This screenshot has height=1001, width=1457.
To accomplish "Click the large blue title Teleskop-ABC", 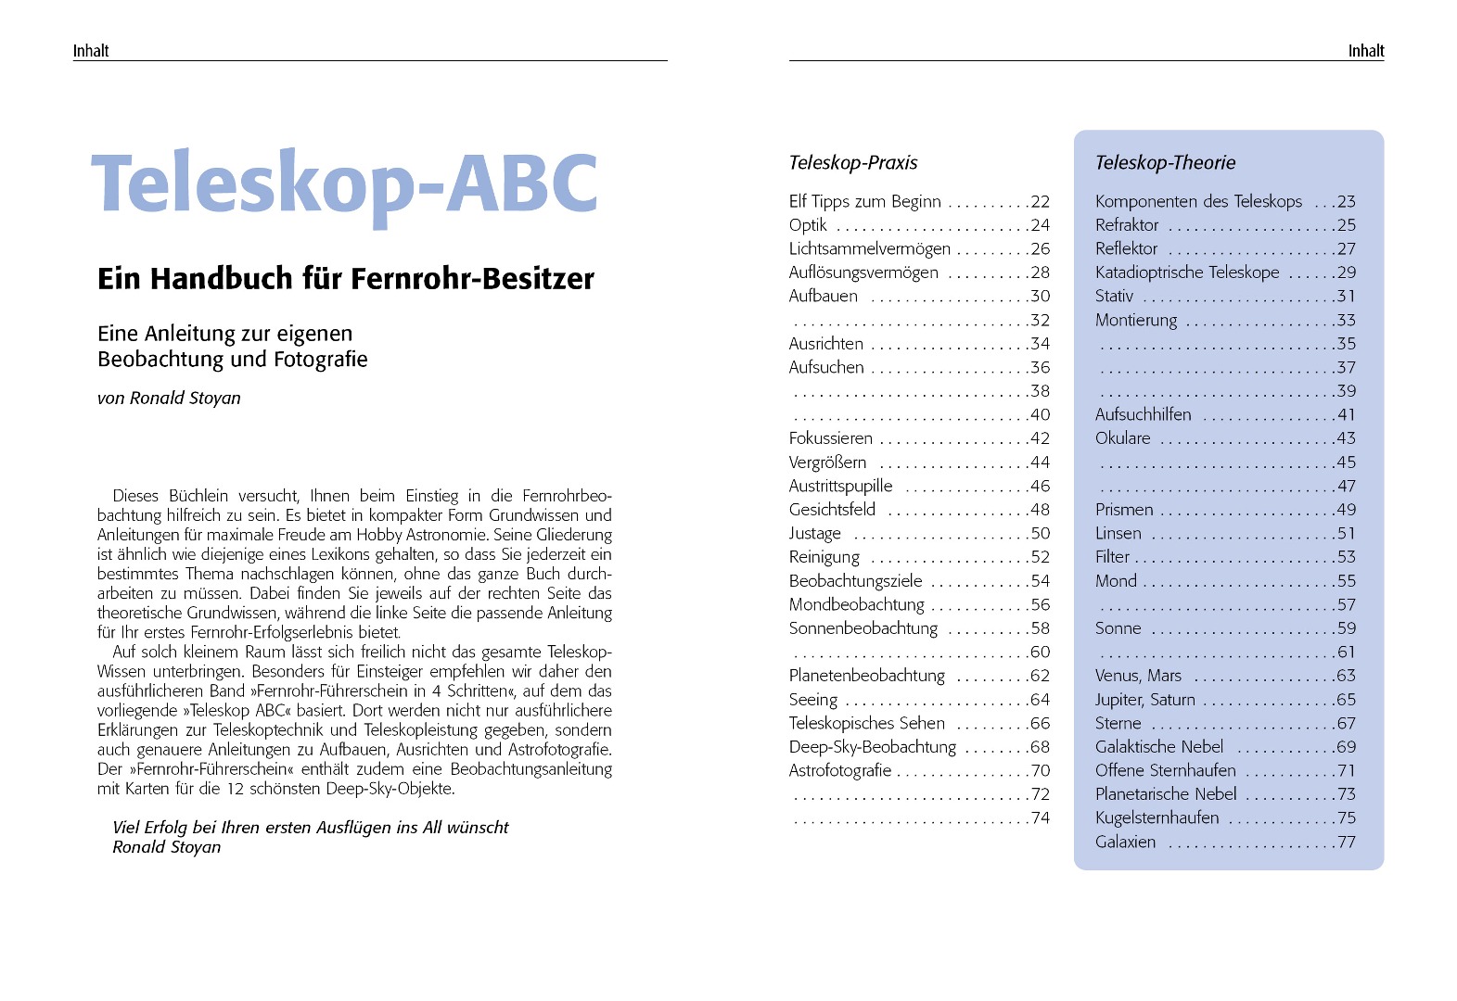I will pos(344,184).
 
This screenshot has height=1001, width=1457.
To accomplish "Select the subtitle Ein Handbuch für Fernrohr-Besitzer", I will pos(345,278).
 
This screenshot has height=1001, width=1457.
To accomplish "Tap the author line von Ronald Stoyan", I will pos(169,399).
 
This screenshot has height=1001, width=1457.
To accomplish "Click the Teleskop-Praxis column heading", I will pos(852,163).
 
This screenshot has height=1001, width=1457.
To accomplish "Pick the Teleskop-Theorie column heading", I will pos(1165,163).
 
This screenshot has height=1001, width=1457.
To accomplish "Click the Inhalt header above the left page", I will pos(91,51).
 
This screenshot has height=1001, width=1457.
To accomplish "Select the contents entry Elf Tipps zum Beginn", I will pos(864,201).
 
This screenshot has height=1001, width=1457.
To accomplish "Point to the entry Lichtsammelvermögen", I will pos(869,248).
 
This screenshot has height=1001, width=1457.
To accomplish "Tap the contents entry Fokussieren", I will pos(830,438).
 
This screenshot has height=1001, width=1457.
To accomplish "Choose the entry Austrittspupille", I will pos(840,486).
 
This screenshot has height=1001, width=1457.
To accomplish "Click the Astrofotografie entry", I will pos(839,770).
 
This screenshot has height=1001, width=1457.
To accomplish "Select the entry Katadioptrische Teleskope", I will pos(1186,272).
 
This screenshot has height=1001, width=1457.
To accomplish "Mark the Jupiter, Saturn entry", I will pos(1144,700).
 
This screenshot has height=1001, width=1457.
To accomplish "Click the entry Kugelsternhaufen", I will pos(1157,817).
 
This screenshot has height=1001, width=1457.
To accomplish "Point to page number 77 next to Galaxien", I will pos(1346,843).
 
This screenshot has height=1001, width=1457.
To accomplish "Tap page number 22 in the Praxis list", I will pos(1040,202).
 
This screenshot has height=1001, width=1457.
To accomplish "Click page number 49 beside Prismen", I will pos(1346,510).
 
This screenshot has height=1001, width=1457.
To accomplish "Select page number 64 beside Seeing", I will pos(1040,700).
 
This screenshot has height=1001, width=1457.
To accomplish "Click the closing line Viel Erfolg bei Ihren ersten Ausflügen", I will pos(310,828).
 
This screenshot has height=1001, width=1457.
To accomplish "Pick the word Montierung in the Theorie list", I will pos(1135,320).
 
